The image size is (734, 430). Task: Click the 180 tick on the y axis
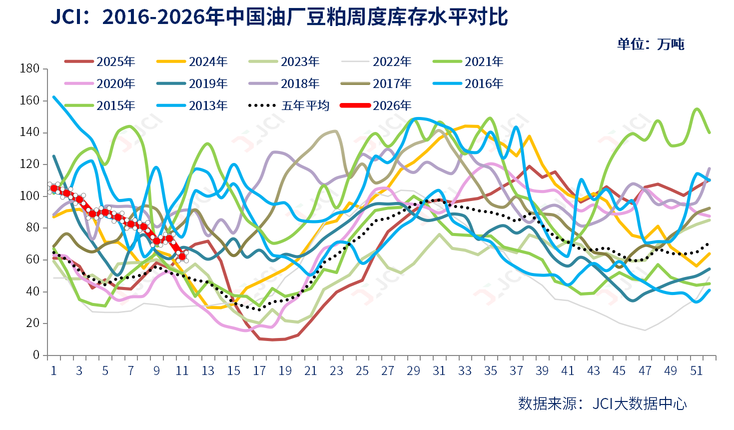tap(29, 68)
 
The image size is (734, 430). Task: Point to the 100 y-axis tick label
tap(29, 196)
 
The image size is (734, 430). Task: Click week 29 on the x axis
tap(413, 371)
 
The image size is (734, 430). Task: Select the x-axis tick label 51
tap(697, 371)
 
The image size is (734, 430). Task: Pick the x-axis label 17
tap(259, 371)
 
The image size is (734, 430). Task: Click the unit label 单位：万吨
tap(651, 44)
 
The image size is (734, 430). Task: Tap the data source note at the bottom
tap(602, 403)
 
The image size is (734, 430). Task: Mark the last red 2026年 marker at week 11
tap(182, 256)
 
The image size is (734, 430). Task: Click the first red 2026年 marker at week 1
tap(54, 188)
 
